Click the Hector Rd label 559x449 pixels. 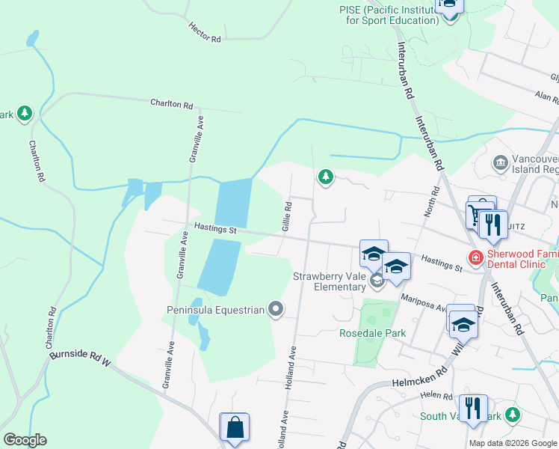coord(205,32)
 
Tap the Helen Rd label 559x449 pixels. coord(437,396)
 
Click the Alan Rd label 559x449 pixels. coord(546,97)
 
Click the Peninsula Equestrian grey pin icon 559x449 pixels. coord(276,309)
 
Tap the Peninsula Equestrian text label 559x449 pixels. coord(216,310)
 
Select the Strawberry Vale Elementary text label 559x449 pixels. coord(329,281)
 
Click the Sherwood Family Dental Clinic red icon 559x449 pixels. coord(475,258)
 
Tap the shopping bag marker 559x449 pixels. coord(235,427)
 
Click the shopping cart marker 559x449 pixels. coord(476,215)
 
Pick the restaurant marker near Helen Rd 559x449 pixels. coord(472,409)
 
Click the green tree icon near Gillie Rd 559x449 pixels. coord(325,177)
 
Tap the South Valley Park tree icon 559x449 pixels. coord(512,415)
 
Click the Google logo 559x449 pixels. coord(25,440)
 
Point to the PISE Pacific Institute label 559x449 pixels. coord(388,15)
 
